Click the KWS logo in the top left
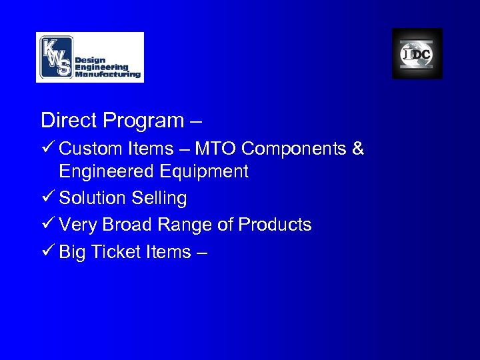pos(89,57)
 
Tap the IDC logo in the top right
pos(417,54)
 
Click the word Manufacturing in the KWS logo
pos(108,75)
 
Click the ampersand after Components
pos(358,149)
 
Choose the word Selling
pos(159,199)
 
